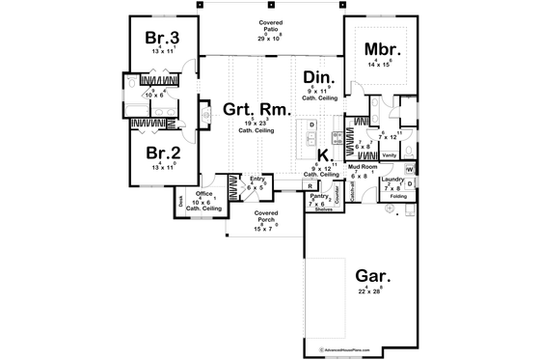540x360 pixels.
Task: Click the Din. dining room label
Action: point(318,77)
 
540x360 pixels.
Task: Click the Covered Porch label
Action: point(266,215)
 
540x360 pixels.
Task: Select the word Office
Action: point(204,193)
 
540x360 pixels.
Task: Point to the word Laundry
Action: point(391,179)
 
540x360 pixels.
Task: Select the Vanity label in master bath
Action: point(390,154)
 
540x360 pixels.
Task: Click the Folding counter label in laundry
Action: point(398,197)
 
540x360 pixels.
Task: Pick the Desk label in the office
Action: point(180,203)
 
